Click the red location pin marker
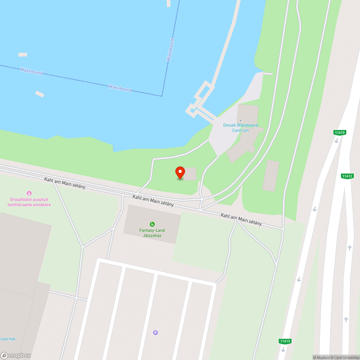[x=180, y=172]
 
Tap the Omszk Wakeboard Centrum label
[x=240, y=128]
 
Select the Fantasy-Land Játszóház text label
[x=152, y=233]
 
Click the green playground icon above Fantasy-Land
[x=152, y=224]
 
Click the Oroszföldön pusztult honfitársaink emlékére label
[x=30, y=202]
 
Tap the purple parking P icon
[x=156, y=333]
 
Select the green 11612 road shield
[x=347, y=176]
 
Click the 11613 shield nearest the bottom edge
[x=284, y=341]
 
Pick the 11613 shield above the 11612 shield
[x=339, y=132]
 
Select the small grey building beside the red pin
[x=190, y=174]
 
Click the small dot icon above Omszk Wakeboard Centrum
[x=240, y=121]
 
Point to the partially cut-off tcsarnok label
[x=7, y=339]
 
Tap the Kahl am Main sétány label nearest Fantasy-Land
[x=153, y=201]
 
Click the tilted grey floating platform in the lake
[x=40, y=94]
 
